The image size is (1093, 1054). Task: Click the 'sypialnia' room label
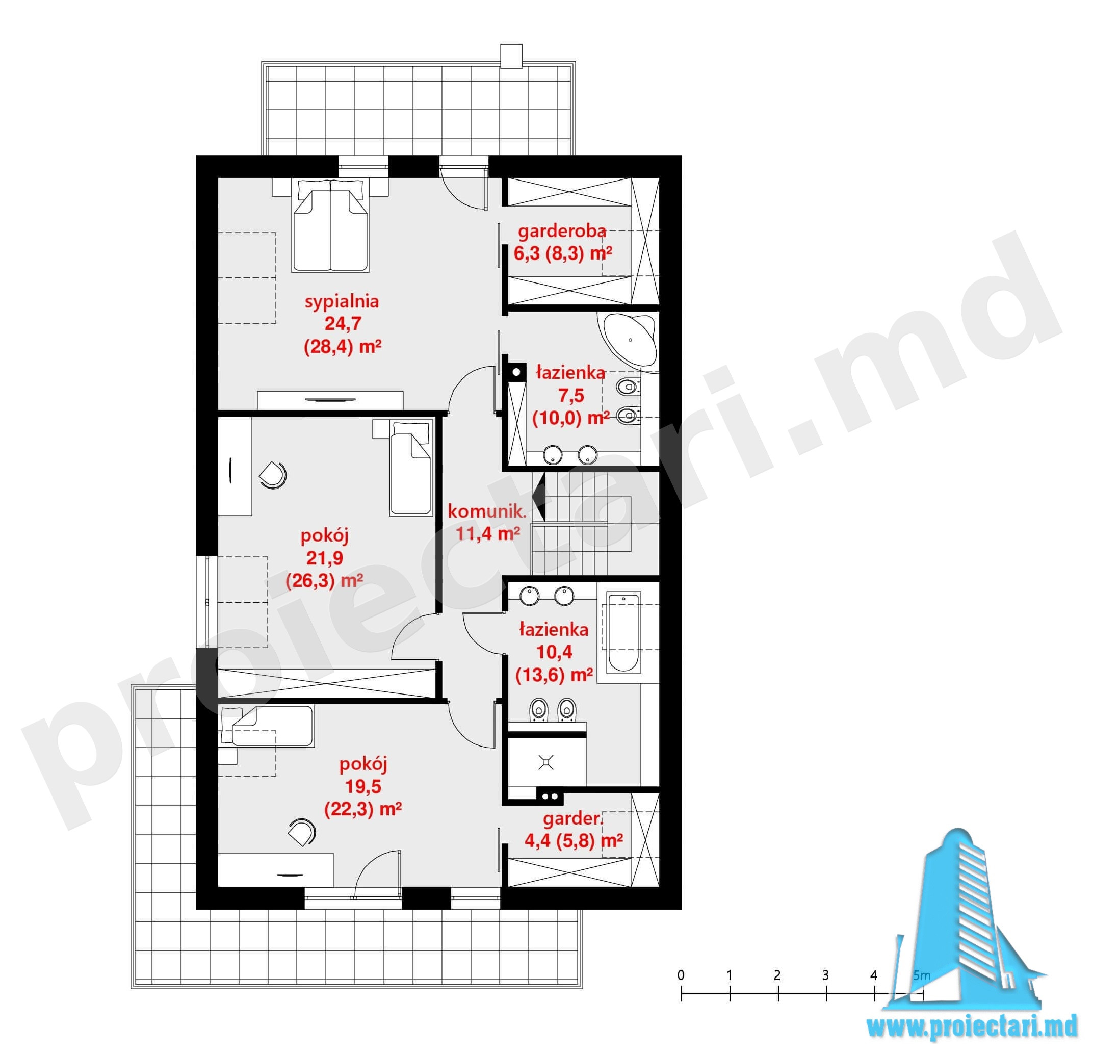[342, 302]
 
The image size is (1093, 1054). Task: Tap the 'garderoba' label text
[562, 230]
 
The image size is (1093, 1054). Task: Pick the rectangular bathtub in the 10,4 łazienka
[622, 633]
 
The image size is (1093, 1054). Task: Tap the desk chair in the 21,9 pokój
[273, 475]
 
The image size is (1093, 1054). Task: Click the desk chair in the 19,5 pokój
[302, 832]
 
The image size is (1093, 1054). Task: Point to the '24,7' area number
[343, 324]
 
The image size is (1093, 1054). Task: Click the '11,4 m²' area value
[488, 534]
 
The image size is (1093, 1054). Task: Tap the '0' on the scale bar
[681, 975]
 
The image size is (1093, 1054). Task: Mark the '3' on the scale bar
[825, 975]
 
